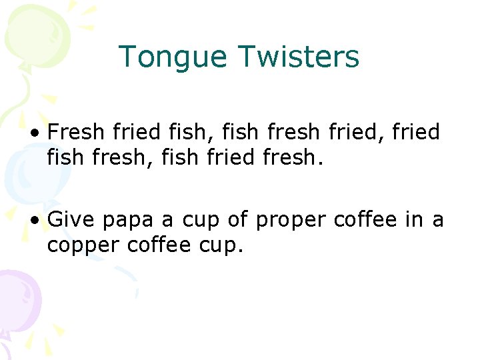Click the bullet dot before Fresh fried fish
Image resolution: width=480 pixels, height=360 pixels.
[35, 133]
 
